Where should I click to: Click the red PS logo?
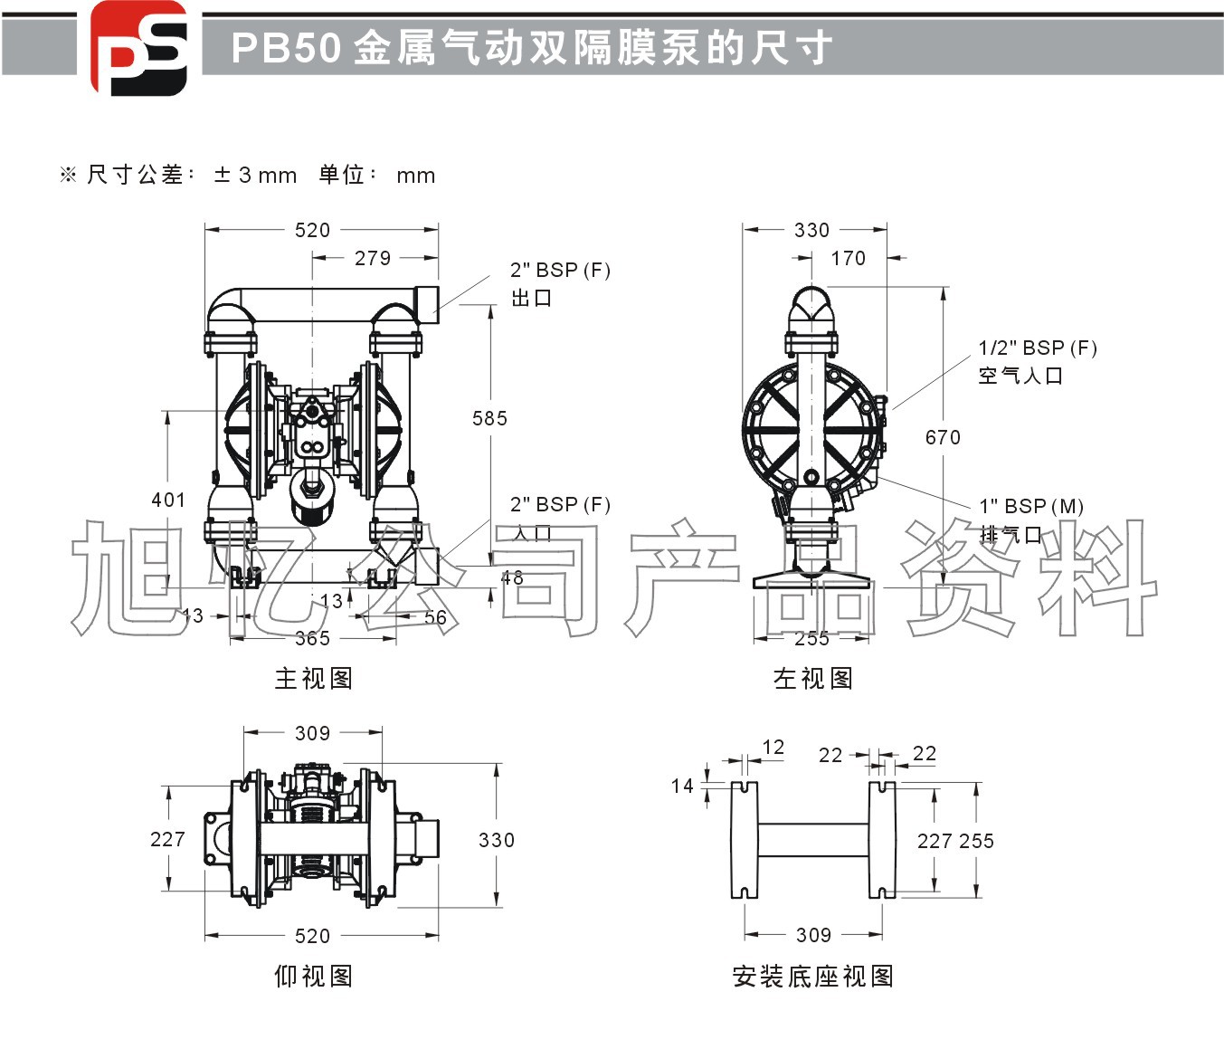[x=138, y=48]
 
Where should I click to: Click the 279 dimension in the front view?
[x=372, y=259]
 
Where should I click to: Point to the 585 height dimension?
[x=489, y=418]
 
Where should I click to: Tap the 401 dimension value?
[x=168, y=500]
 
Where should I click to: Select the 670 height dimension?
[x=943, y=438]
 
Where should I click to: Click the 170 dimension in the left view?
[x=848, y=259]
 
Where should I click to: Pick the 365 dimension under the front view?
[x=312, y=639]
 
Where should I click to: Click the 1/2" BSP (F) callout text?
[x=1037, y=348]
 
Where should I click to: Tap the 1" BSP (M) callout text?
[x=1030, y=507]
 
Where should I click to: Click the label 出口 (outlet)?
[x=531, y=299]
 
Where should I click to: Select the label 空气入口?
[x=1020, y=376]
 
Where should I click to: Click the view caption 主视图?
[x=313, y=679]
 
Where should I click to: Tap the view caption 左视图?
[x=812, y=679]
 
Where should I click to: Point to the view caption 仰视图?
[x=313, y=977]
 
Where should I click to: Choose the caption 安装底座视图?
[x=812, y=977]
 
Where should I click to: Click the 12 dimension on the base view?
[x=773, y=748]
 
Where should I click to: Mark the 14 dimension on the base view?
[x=682, y=786]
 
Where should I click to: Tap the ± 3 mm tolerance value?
[x=255, y=176]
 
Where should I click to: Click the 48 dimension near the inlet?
[x=512, y=577]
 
